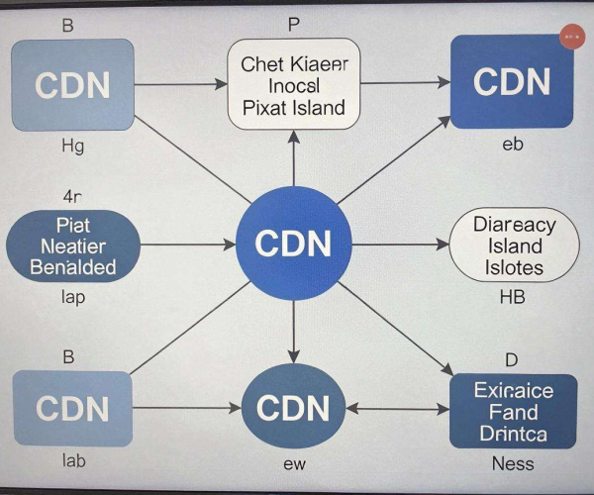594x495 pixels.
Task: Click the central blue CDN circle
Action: click(x=294, y=244)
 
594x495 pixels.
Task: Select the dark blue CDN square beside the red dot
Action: click(x=512, y=81)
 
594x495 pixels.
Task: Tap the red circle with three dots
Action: click(x=572, y=37)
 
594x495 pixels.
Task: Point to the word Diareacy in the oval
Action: click(x=515, y=225)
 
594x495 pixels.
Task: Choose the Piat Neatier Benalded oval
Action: click(x=73, y=247)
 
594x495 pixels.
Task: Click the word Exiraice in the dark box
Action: click(x=513, y=390)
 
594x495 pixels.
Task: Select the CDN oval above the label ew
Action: click(x=294, y=407)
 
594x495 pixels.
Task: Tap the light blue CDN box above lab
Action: click(x=72, y=409)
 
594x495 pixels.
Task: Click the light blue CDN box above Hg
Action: click(x=72, y=85)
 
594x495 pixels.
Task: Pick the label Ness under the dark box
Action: click(x=513, y=463)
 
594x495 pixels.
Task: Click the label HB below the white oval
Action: click(x=512, y=297)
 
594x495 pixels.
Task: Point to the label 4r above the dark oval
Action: click(x=72, y=197)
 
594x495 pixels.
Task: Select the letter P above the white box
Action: click(x=294, y=25)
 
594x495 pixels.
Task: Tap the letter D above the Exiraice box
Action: click(x=512, y=359)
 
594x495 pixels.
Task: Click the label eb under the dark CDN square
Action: click(x=513, y=145)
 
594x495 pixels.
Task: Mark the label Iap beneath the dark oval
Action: click(x=73, y=298)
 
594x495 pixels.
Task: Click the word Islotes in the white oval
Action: click(x=514, y=267)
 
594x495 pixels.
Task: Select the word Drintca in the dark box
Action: click(x=513, y=434)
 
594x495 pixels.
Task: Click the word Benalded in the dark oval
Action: click(x=73, y=267)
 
